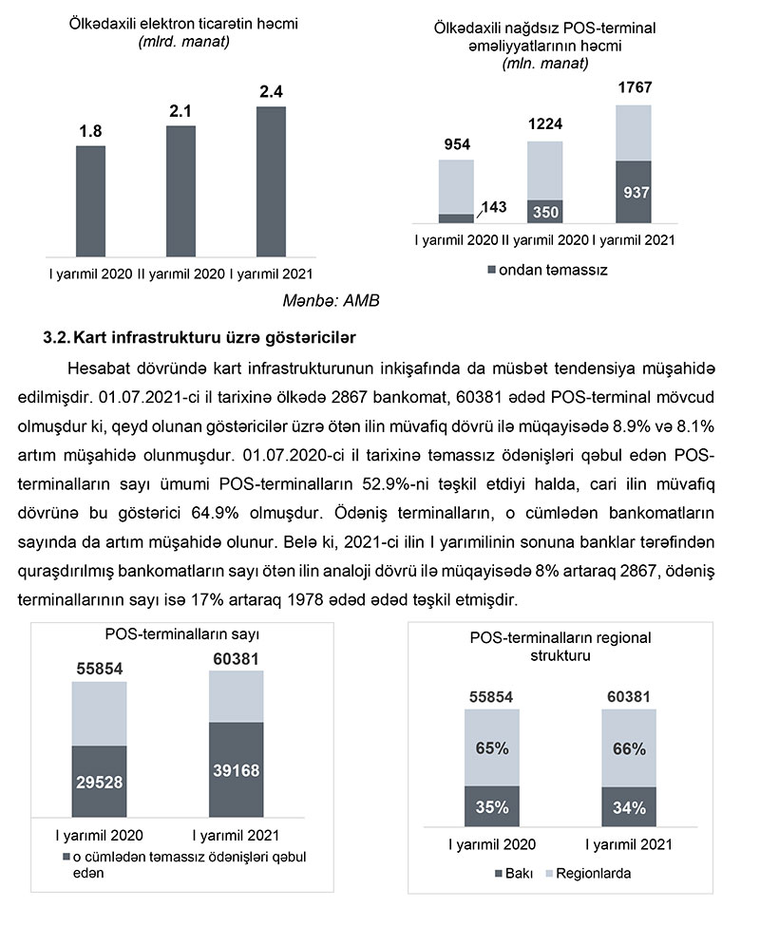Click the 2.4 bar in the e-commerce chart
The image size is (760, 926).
271,180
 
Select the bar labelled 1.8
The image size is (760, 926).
90,200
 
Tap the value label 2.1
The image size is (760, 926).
180,111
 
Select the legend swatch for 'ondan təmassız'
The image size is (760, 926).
491,271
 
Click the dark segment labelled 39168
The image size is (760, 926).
236,768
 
